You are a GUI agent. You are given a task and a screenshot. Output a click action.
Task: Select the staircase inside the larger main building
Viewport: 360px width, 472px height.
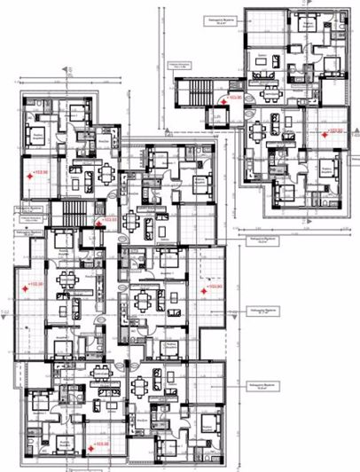(70, 214)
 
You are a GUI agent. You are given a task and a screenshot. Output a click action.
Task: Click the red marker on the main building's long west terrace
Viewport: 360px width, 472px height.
(27, 287)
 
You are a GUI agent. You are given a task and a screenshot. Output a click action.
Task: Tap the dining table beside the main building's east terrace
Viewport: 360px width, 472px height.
(145, 299)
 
